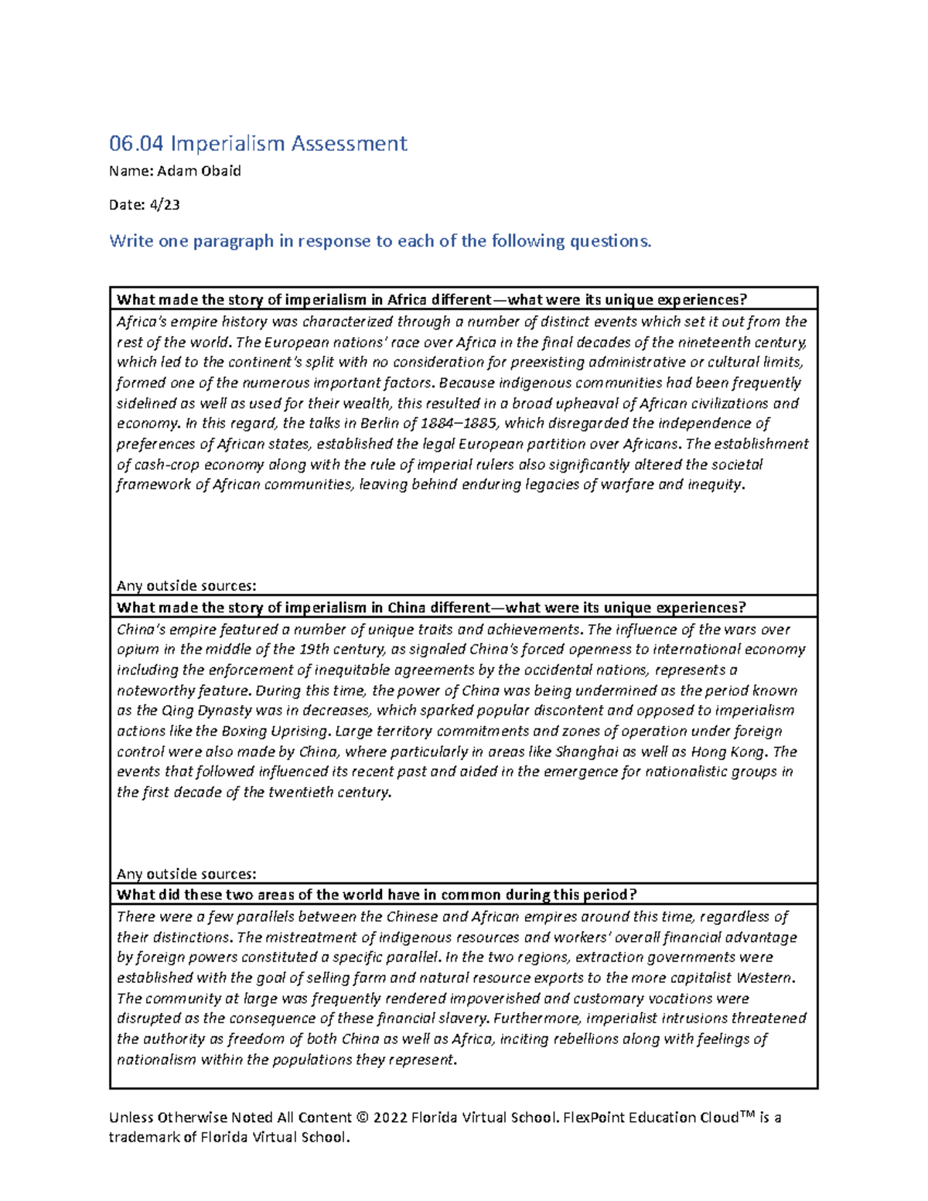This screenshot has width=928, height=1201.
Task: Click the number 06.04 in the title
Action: (137, 144)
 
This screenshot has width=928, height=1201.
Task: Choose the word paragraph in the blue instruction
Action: (234, 241)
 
